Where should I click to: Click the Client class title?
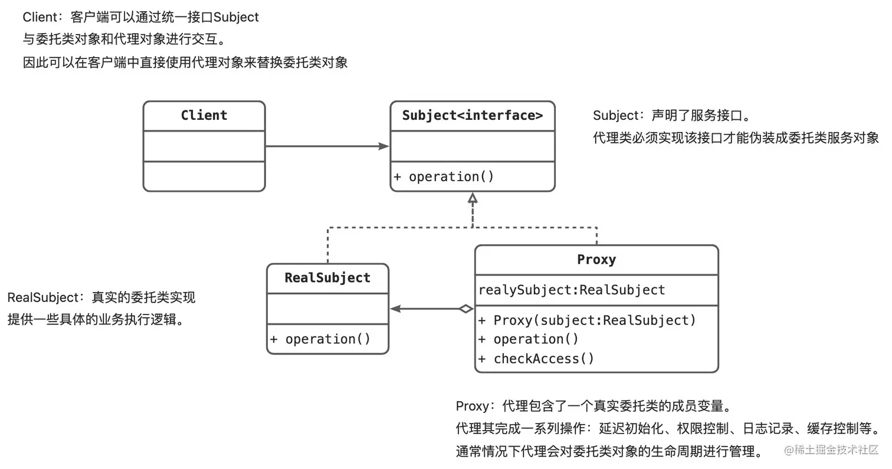pos(204,115)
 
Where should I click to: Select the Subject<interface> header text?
pos(473,115)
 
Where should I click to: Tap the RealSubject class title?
pos(327,277)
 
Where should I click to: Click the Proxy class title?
pos(596,260)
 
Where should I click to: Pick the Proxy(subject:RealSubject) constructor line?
pos(587,320)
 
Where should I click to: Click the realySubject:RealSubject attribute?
pos(572,290)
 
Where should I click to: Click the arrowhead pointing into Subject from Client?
pos(384,146)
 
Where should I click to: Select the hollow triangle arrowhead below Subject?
pos(473,198)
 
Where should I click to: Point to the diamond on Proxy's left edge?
pos(466,309)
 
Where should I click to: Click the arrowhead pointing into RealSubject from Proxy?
pos(395,309)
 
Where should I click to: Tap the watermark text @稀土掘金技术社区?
pos(831,450)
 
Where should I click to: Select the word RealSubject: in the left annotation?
pos(46,297)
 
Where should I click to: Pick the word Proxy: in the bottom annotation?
pos(475,406)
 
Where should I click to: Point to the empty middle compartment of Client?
pos(204,146)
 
